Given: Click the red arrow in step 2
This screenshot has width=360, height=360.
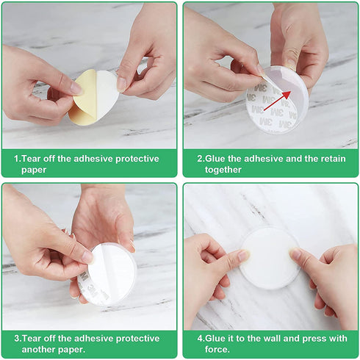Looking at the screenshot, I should [x=277, y=101].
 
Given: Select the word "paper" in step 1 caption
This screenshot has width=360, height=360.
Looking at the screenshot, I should [x=30, y=170].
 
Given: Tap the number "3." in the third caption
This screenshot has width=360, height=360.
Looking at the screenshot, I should [x=18, y=339].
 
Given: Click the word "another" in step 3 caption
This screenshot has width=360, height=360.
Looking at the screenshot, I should [x=32, y=350].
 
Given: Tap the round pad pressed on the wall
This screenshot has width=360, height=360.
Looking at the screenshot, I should [x=269, y=257].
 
